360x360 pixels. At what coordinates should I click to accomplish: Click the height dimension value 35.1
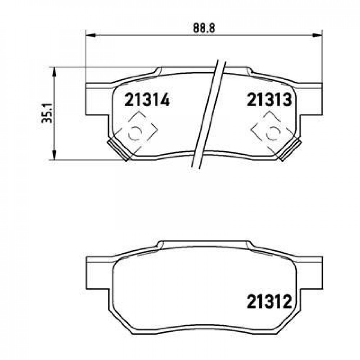point(48,113)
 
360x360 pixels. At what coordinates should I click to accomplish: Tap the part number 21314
point(147,100)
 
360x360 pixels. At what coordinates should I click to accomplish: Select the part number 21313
point(269,100)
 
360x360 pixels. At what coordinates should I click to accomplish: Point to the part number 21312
point(269,301)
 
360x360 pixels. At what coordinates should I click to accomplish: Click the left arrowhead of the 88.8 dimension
point(90,35)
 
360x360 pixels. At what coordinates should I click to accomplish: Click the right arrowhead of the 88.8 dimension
point(318,35)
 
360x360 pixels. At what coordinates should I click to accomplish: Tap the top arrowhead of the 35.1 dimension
point(54,72)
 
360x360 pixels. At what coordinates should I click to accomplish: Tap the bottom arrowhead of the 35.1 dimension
point(54,155)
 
